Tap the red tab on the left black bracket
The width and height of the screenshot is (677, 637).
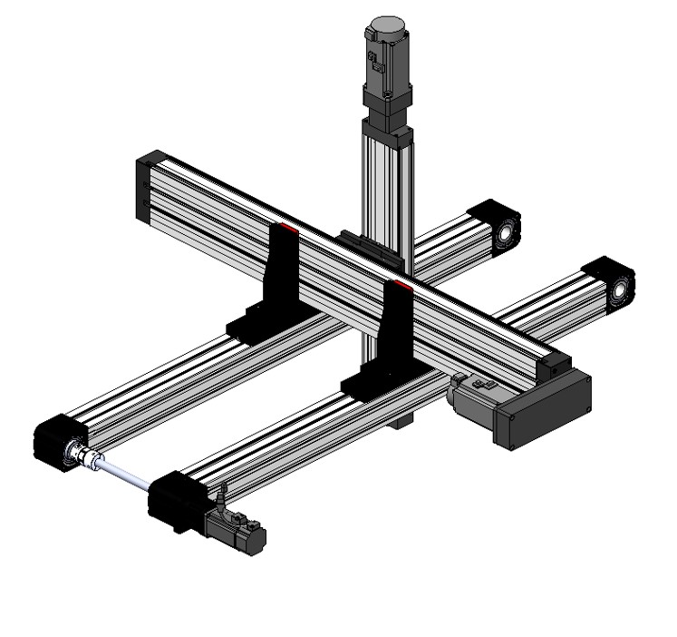point(286,226)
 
